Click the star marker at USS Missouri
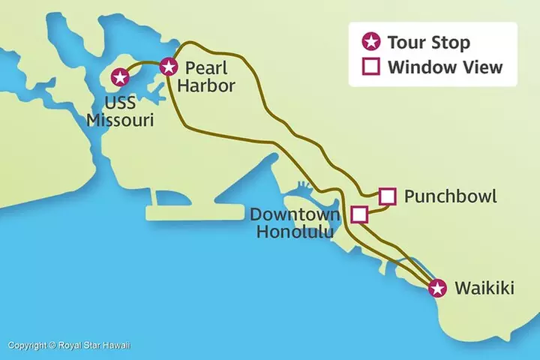(x=119, y=76)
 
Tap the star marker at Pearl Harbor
(x=169, y=66)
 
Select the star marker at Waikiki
(x=438, y=287)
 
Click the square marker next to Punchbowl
(x=387, y=196)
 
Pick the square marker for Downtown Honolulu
(x=359, y=214)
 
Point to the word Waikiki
(x=484, y=287)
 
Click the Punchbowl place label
(x=450, y=196)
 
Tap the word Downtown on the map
(x=295, y=214)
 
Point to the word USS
(x=119, y=101)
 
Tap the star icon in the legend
(x=369, y=42)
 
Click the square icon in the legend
(x=369, y=67)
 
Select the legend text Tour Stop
(x=428, y=42)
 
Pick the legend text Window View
(x=444, y=67)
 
